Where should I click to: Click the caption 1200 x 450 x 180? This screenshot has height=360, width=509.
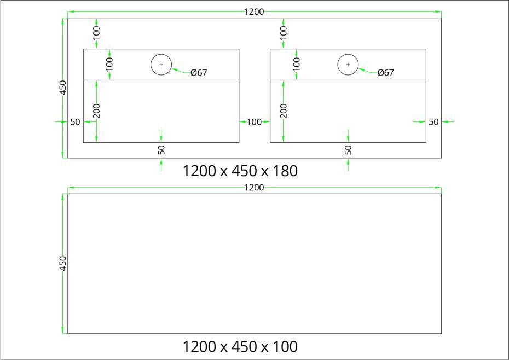(x=240, y=171)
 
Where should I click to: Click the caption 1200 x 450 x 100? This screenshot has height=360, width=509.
(x=240, y=347)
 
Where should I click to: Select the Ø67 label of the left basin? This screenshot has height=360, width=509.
(x=199, y=72)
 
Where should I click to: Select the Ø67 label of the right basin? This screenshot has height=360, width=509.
(x=386, y=72)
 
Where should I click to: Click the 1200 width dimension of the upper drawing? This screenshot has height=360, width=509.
(x=254, y=12)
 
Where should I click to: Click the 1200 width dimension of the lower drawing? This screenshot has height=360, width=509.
(x=254, y=188)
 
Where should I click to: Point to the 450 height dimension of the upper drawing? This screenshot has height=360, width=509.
(x=63, y=88)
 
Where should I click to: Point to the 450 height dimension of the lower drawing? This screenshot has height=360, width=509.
(x=63, y=263)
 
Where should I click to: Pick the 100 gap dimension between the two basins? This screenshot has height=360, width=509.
(x=254, y=122)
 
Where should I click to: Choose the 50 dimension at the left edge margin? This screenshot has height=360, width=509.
(x=75, y=122)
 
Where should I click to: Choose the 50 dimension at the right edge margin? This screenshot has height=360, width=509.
(x=433, y=122)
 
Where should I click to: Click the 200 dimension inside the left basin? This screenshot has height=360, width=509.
(x=96, y=111)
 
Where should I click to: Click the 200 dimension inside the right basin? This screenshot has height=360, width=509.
(x=284, y=111)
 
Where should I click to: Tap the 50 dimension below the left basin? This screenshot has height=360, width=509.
(x=161, y=150)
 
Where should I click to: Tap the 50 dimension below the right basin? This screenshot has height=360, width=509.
(x=348, y=150)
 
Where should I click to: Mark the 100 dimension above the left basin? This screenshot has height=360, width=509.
(x=96, y=33)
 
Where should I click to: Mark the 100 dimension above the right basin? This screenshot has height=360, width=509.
(x=284, y=33)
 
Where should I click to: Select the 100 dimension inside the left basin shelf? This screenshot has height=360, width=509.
(x=109, y=64)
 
